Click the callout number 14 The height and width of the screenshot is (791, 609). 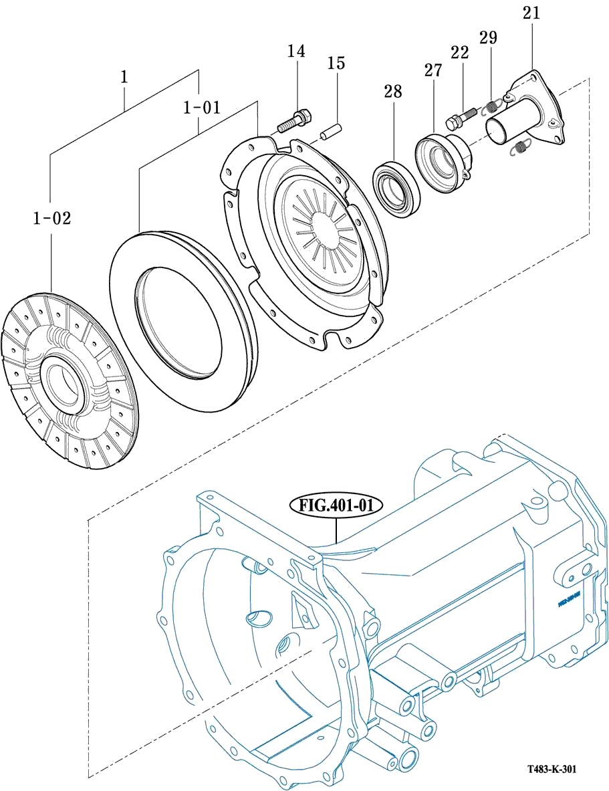(296, 51)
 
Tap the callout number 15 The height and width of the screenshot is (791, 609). (336, 64)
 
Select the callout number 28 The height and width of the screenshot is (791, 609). (392, 92)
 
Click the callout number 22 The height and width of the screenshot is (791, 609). (459, 53)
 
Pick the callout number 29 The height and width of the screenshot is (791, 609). (488, 37)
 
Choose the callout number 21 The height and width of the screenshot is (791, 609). (532, 13)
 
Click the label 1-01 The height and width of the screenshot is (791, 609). (201, 107)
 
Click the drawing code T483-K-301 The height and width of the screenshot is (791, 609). (551, 770)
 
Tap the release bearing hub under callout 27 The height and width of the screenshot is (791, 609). (442, 163)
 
